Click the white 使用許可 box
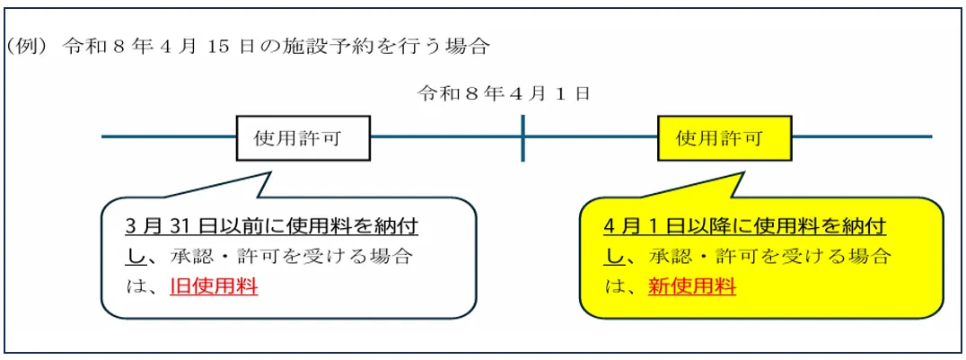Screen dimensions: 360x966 [303, 138]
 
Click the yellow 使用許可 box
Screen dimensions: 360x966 [724, 138]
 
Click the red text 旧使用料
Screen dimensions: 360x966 [214, 287]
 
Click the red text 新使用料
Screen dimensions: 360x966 [692, 287]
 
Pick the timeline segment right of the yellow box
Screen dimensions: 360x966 [862, 137]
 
